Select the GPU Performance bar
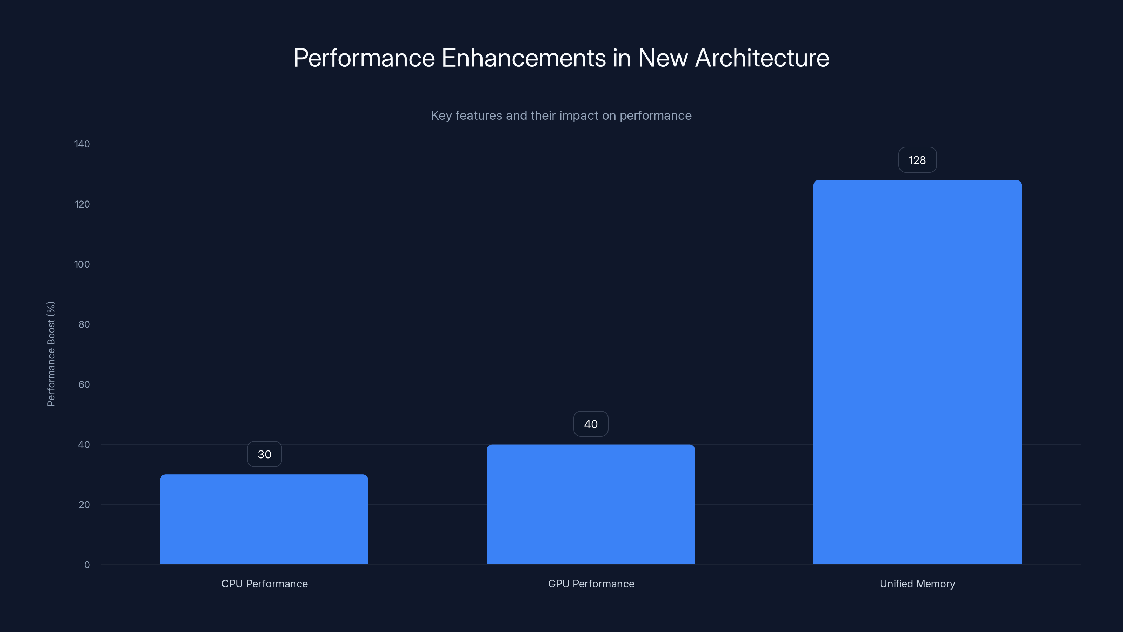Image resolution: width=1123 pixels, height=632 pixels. pos(590,504)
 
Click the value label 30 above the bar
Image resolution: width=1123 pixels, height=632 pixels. pos(264,454)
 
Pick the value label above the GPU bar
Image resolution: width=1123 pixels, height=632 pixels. pos(590,424)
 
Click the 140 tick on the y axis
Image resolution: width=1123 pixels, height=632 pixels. pos(82,144)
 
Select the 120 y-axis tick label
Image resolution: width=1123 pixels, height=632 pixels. pos(82,204)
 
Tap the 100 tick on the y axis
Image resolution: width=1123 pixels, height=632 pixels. pos(82,264)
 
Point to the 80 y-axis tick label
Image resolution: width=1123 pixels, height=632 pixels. pos(84,324)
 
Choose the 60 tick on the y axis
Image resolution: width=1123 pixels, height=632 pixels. pos(84,384)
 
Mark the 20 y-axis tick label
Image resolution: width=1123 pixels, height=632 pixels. pos(84,505)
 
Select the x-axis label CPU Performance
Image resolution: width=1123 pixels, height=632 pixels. pos(264,584)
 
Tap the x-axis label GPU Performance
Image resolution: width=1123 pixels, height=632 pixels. pos(591,584)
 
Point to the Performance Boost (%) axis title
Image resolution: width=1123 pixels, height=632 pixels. pos(51,354)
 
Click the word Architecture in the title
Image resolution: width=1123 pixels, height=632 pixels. pos(762,58)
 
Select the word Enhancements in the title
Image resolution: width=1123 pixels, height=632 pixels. pos(524,58)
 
